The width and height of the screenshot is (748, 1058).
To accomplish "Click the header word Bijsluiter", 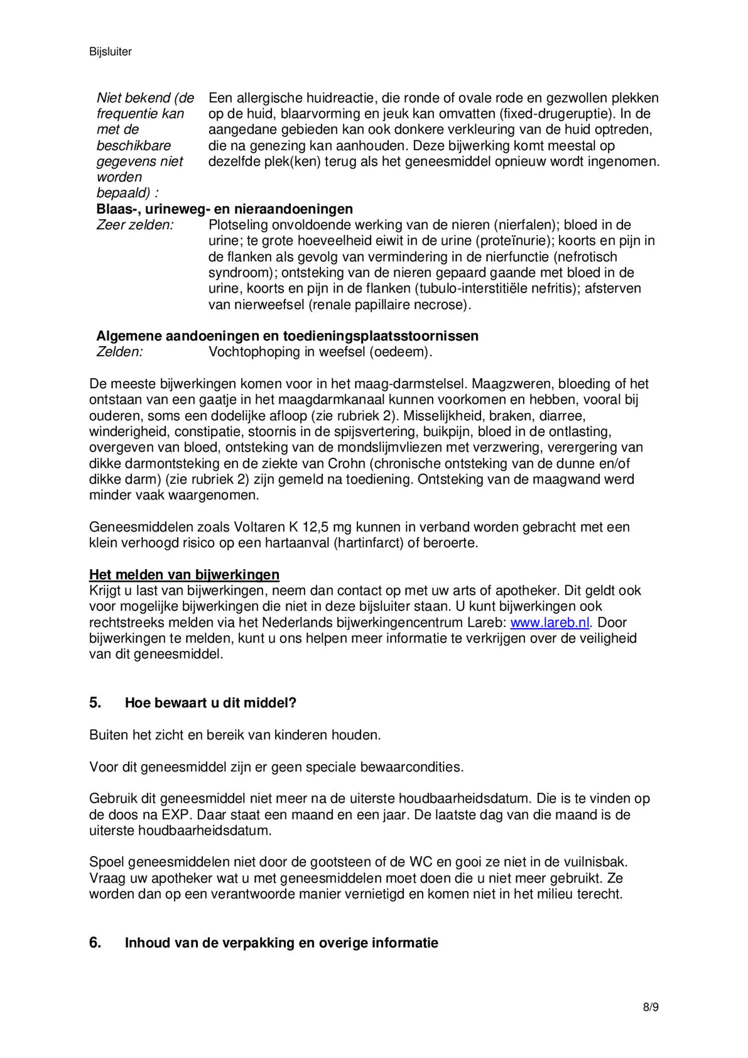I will [110, 52].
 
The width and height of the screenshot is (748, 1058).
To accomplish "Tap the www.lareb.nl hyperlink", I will [549, 623].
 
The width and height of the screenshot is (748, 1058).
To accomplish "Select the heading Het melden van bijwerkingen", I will [184, 575].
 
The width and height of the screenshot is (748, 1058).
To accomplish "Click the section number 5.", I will [95, 703].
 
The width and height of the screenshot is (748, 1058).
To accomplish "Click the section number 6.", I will [95, 943].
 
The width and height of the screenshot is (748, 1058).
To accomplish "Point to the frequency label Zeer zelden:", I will [135, 225].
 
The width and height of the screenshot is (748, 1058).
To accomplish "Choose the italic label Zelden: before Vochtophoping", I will [120, 352].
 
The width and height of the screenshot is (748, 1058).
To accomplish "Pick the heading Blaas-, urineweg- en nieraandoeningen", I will [224, 209].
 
